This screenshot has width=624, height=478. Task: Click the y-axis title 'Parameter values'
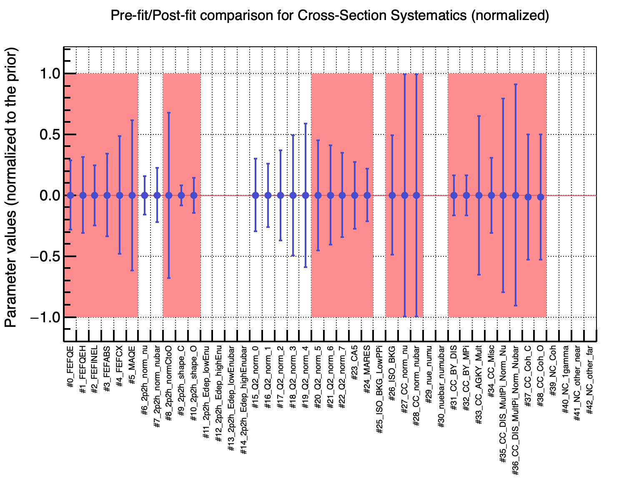click(x=11, y=187)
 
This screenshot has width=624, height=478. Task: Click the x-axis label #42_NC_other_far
click(x=590, y=380)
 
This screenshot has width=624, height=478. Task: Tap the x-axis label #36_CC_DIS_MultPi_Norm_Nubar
click(x=516, y=405)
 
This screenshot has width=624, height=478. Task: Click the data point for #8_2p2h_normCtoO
click(x=169, y=195)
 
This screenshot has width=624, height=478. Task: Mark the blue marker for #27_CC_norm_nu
click(x=404, y=195)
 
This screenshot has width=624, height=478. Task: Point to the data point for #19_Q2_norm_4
click(x=306, y=195)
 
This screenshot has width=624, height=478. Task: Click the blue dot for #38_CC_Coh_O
click(x=541, y=197)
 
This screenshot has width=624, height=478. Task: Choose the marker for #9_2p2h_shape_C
click(x=181, y=195)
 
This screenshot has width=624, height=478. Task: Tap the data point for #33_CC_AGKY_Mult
click(x=479, y=195)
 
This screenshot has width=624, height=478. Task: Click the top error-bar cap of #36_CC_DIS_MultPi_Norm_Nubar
click(x=516, y=84)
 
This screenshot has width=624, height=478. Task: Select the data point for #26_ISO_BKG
click(x=392, y=195)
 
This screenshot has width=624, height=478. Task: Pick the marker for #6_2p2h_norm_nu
click(x=145, y=195)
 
